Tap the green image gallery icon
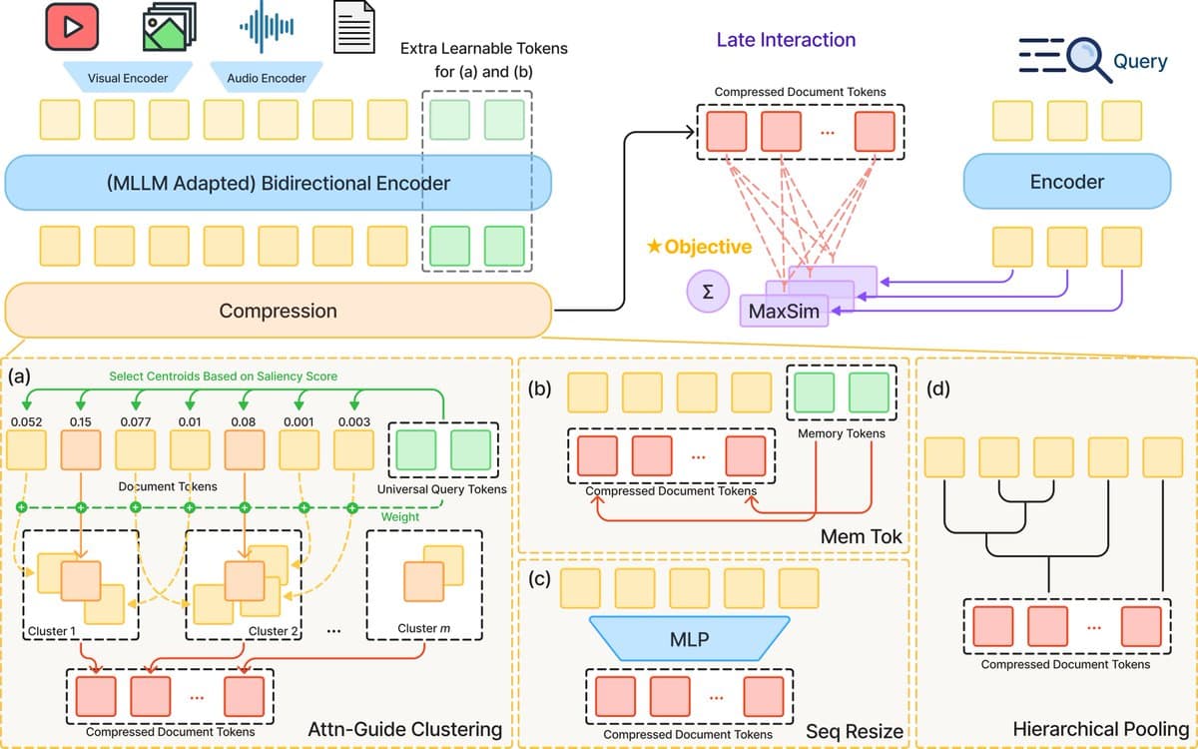(x=169, y=28)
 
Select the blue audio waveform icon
(x=266, y=28)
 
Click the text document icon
(x=355, y=28)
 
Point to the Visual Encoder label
(x=127, y=78)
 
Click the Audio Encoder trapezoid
(x=267, y=78)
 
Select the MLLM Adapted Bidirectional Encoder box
(x=278, y=183)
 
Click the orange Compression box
(x=278, y=311)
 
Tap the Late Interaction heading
(x=786, y=40)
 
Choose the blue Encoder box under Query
(x=1066, y=182)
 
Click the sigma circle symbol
(x=708, y=292)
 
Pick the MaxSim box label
(x=784, y=313)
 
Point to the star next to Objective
(x=654, y=247)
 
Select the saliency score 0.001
(x=299, y=421)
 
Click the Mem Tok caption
(x=861, y=536)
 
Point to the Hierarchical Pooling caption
(x=1100, y=730)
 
